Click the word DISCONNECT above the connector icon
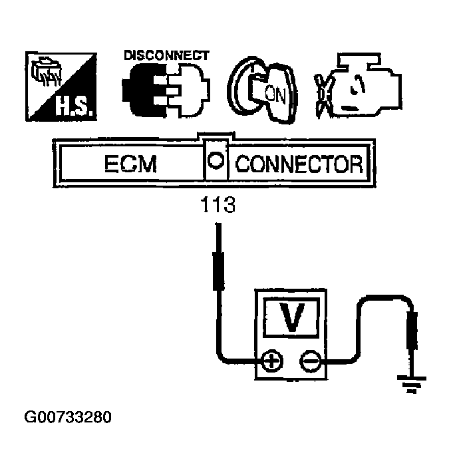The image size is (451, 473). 166,55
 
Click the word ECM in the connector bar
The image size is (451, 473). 130,163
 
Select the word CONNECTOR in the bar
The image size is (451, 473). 299,163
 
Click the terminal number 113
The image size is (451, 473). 218,206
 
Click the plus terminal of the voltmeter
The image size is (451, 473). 272,363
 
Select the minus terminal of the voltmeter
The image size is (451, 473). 309,363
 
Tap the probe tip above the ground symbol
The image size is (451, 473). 412,333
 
